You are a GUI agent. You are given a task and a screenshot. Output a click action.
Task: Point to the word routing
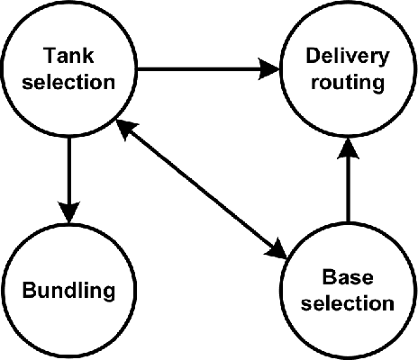(x=348, y=83)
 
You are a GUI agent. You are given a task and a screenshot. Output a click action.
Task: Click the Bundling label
(x=69, y=291)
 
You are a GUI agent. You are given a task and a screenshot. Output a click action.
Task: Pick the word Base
(x=348, y=277)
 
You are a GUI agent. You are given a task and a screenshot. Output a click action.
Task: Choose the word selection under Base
(x=348, y=302)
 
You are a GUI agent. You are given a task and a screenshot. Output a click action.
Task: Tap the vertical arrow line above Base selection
(x=348, y=189)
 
